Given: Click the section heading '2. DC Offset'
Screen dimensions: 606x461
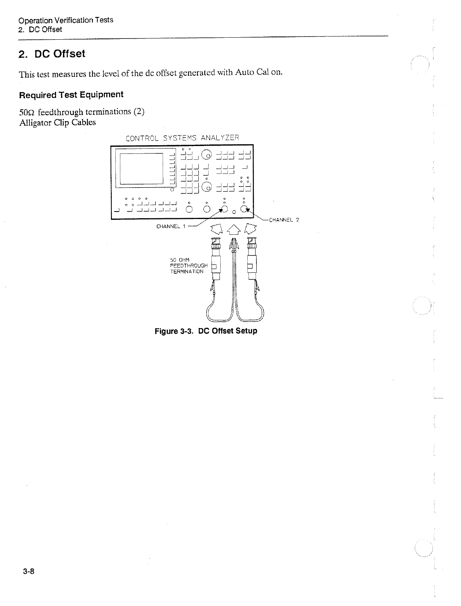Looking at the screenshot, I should [x=52, y=54].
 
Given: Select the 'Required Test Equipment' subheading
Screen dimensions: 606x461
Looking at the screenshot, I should [x=71, y=95].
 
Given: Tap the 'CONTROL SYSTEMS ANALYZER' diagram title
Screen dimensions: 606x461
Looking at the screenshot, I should [x=182, y=138].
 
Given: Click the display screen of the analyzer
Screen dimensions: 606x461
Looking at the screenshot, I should [x=142, y=168].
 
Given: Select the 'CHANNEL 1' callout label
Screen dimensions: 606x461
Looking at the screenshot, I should [x=171, y=226].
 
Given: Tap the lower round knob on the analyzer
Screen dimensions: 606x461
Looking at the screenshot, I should [x=207, y=188].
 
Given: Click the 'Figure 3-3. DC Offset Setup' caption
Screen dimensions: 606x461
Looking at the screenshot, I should [x=206, y=331].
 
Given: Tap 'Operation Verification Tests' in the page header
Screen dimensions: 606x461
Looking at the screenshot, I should [x=66, y=20].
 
